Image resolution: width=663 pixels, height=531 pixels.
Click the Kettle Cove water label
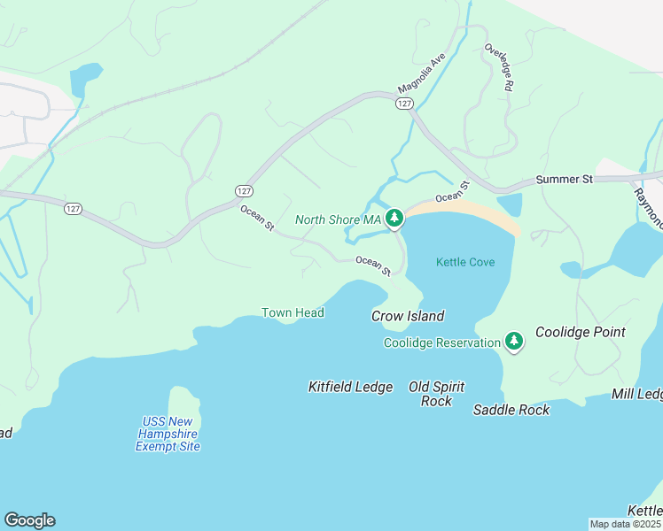(465, 262)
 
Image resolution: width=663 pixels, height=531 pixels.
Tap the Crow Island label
(407, 316)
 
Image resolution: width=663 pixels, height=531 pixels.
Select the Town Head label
(292, 312)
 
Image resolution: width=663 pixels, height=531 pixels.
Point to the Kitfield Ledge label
(350, 387)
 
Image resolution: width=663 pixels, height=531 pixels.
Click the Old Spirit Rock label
(436, 394)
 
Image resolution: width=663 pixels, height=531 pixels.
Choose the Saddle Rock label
(511, 410)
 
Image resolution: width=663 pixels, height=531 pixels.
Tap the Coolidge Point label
(580, 333)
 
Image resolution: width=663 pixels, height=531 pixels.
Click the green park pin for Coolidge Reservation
(514, 341)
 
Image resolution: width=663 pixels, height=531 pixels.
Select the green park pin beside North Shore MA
(394, 218)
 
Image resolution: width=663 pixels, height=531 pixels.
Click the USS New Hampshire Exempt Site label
(168, 434)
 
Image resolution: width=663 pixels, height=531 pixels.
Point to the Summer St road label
(564, 180)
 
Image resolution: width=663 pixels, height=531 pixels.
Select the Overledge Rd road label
(498, 67)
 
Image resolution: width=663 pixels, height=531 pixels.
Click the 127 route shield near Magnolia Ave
(404, 104)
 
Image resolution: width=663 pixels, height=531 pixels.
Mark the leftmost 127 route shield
(73, 209)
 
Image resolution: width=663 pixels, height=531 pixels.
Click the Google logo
(29, 520)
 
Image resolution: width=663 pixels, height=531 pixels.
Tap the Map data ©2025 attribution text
(625, 524)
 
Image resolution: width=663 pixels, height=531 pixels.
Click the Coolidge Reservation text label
(442, 342)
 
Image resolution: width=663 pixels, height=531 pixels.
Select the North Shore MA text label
(338, 219)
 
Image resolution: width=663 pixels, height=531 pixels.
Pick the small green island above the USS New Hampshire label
(183, 403)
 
